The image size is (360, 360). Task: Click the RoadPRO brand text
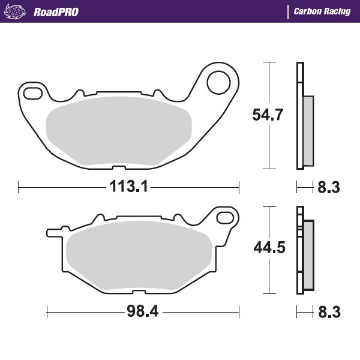point(58,11)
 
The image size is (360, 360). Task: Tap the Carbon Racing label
point(322,11)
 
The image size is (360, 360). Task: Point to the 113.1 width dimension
point(128,187)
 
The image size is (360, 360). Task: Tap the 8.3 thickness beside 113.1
point(328,188)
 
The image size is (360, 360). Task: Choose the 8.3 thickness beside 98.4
point(328,313)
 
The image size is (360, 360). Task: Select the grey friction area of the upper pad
point(119,130)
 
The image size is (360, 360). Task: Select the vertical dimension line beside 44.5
point(269,251)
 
